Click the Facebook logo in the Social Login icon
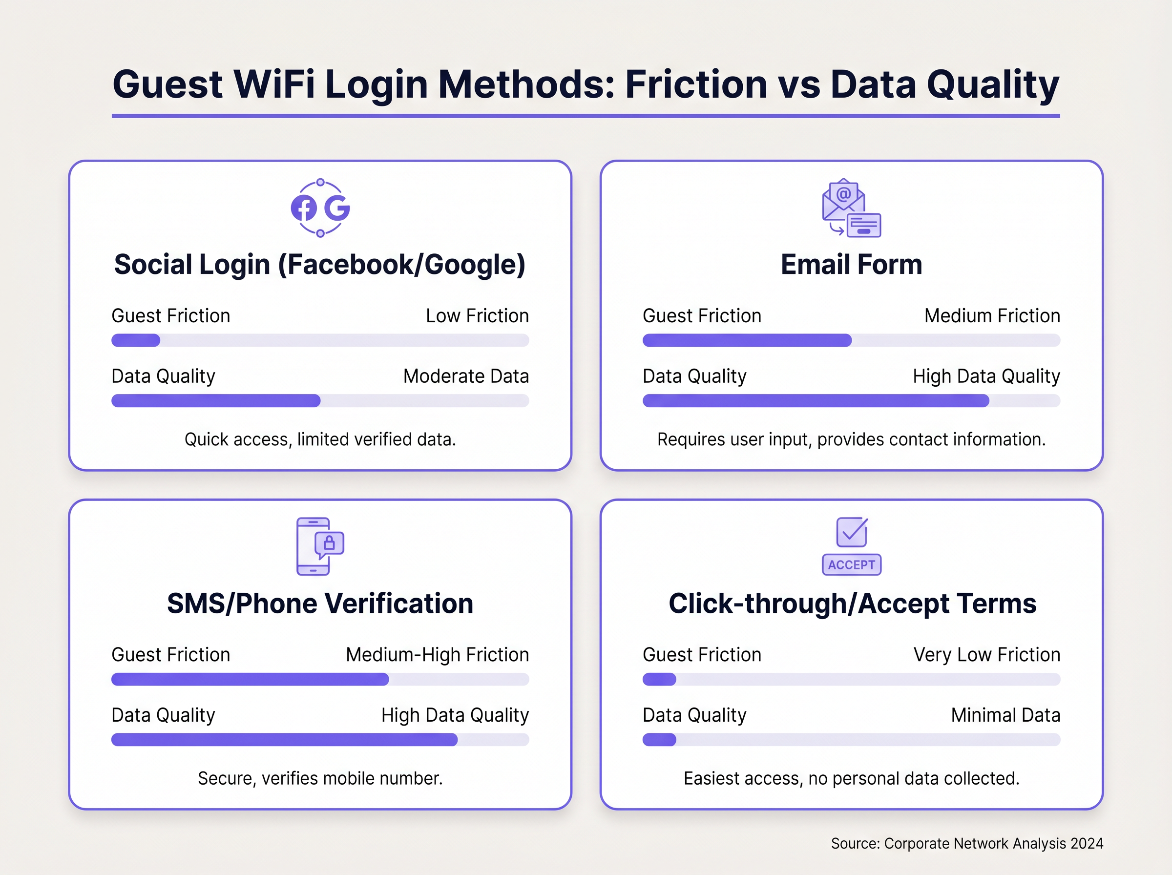(304, 208)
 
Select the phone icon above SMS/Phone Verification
(314, 546)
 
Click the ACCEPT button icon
(852, 564)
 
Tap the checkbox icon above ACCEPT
(852, 532)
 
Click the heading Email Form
(851, 264)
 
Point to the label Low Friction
(477, 316)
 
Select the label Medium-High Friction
(437, 655)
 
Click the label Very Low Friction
(986, 655)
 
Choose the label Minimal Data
(1005, 715)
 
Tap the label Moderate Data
(466, 376)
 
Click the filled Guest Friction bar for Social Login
(136, 340)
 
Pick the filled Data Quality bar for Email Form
(816, 401)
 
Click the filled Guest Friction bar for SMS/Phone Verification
(250, 680)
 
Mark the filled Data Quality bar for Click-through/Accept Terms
(659, 740)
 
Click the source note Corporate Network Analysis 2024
(966, 843)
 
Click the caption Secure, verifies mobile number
(320, 778)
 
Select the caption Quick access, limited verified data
(320, 439)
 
